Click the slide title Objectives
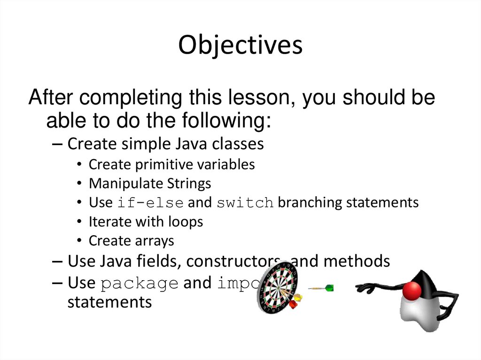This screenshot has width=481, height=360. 240,46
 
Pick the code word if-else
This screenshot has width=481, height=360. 150,203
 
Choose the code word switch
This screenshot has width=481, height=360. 245,203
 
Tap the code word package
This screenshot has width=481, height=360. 140,284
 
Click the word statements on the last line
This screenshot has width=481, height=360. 109,302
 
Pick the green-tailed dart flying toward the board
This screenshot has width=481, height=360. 322,288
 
